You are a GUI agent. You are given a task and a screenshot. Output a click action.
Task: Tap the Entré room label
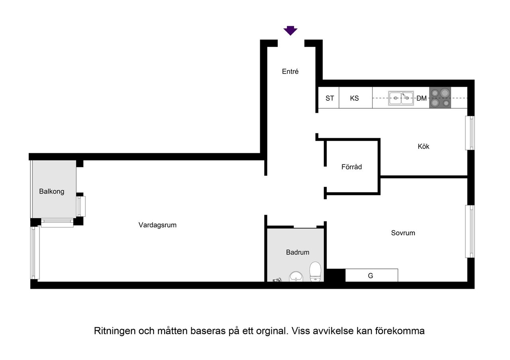click(x=290, y=72)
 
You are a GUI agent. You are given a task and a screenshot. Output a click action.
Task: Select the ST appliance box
click(x=329, y=98)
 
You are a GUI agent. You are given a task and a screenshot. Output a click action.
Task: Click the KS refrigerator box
click(x=355, y=98)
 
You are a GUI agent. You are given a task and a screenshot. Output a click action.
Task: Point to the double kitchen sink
click(x=401, y=98)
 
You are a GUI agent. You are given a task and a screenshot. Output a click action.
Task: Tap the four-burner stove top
click(x=440, y=98)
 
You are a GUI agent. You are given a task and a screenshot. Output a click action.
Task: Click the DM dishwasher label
click(x=422, y=98)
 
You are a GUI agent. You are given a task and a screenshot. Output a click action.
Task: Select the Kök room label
click(x=424, y=147)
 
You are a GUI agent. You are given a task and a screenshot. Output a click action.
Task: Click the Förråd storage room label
click(x=351, y=167)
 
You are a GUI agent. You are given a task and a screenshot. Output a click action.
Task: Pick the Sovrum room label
click(x=403, y=233)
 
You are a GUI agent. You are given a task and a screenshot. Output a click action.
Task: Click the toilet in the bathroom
click(x=316, y=272)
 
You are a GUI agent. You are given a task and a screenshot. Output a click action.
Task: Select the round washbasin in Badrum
click(x=296, y=276)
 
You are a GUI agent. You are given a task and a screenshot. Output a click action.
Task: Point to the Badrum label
click(x=297, y=252)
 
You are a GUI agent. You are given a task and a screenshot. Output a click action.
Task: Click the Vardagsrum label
click(x=157, y=225)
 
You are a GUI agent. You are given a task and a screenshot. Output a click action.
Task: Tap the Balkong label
click(x=51, y=192)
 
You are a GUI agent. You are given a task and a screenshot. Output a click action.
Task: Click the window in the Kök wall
click(x=470, y=133)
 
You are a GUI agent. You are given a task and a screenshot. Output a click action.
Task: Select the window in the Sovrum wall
click(x=470, y=231)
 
